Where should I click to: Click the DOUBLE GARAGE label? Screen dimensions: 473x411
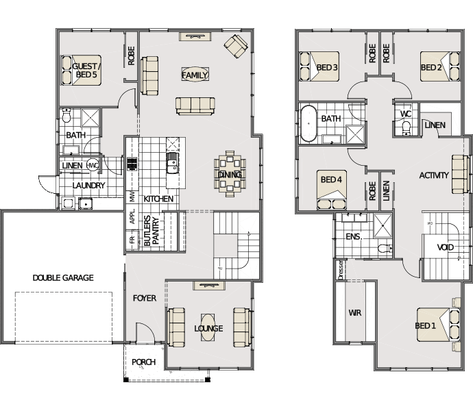63,277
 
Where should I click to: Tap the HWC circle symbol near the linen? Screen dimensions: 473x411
93,165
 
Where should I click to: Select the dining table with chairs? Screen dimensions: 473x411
230,174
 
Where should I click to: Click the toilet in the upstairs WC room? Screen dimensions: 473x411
407,129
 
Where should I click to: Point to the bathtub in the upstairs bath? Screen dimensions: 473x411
308,123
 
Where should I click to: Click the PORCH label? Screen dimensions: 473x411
143,362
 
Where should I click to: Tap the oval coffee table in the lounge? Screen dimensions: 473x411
208,327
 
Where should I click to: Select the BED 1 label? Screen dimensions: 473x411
425,325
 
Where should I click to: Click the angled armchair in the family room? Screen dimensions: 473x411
236,46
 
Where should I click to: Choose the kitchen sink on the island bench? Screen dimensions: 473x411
172,163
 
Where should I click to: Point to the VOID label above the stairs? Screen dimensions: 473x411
446,247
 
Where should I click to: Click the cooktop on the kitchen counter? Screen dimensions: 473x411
132,164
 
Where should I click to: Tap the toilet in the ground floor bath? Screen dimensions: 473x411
66,116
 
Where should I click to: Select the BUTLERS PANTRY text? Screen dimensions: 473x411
151,231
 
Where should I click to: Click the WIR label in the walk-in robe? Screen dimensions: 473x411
355,313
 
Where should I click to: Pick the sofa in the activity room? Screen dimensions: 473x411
460,174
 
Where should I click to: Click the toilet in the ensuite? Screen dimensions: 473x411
385,248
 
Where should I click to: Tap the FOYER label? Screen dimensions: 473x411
145,298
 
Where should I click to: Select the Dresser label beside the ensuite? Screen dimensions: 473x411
341,270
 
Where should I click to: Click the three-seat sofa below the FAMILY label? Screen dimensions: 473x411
195,106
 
